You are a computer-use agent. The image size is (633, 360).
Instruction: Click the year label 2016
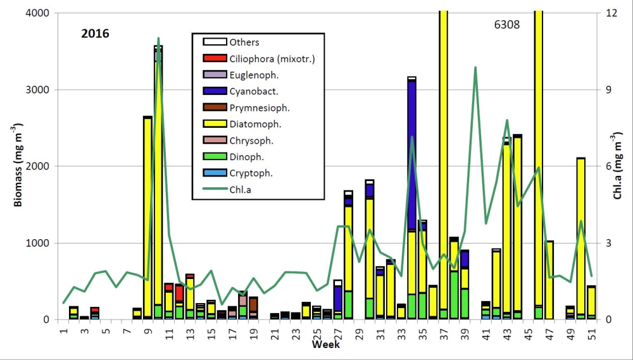click(95, 34)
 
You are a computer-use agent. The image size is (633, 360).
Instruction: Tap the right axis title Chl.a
click(619, 166)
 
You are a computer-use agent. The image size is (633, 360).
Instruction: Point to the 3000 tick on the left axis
click(39, 90)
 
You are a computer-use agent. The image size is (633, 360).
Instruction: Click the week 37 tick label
click(444, 332)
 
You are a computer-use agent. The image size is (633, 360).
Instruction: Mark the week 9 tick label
click(147, 332)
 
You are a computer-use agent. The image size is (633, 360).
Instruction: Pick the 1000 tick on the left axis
click(39, 243)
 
